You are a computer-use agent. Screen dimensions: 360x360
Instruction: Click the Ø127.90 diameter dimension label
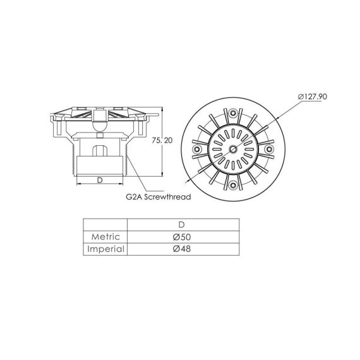312,97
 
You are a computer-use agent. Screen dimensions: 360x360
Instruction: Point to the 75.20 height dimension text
162,140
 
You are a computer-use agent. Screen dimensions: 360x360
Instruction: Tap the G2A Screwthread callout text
159,197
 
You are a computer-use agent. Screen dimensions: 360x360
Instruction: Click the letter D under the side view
100,180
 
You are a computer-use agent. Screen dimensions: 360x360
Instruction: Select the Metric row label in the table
105,237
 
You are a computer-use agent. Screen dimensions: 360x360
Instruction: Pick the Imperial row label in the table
105,249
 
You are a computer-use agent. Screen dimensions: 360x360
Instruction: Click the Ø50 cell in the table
182,237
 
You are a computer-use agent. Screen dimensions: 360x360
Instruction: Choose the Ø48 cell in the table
182,249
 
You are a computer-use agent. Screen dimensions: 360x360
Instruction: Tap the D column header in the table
182,225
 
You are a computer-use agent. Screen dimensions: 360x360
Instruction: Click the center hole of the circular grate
233,149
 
